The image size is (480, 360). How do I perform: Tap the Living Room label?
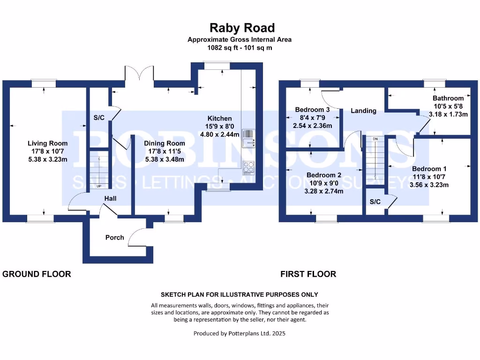tap(47, 143)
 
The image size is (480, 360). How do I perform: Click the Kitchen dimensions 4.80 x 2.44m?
tap(220, 134)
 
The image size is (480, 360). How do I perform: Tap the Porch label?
tap(114, 238)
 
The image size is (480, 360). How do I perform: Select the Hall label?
tap(110, 199)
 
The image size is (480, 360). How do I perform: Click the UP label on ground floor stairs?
tap(99, 186)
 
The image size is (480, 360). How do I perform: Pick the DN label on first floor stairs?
tap(375, 139)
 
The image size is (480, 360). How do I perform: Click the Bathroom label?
tap(448, 98)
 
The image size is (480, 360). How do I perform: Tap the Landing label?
tap(363, 111)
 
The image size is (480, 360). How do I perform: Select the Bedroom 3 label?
tap(312, 110)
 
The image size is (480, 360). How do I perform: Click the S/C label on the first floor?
tap(375, 202)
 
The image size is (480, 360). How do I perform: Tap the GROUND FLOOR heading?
tap(37, 274)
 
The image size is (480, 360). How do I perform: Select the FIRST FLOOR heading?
tap(308, 274)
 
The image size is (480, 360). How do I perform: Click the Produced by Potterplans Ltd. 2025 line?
tap(240, 334)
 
